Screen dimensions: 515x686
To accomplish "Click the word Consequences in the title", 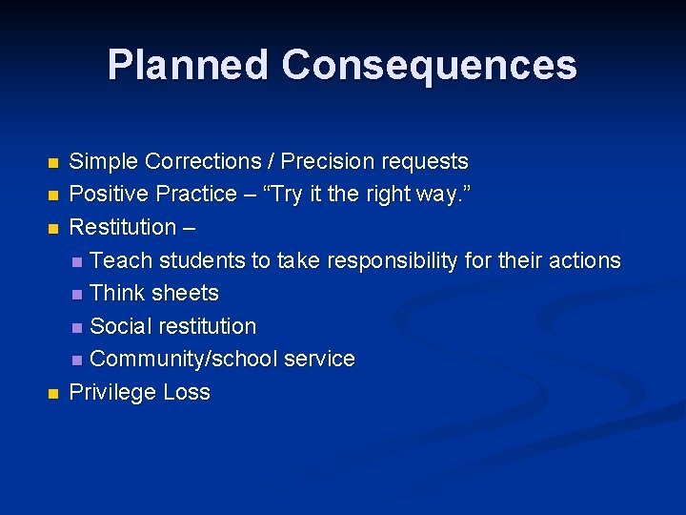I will (x=430, y=65).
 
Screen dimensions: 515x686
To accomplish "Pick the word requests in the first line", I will (x=426, y=161).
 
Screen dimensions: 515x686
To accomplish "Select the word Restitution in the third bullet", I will (x=123, y=227).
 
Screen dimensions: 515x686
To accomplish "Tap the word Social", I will (x=120, y=326).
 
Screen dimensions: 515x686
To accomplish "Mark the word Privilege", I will (x=112, y=392).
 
